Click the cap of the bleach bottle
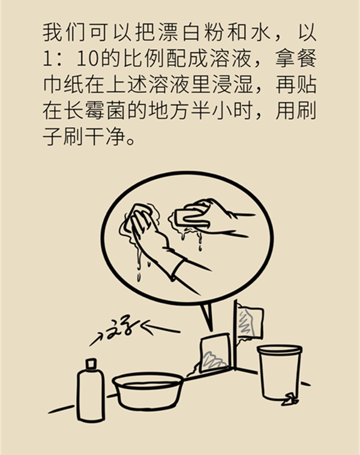click(91, 363)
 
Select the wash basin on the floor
click(148, 391)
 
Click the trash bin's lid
click(280, 349)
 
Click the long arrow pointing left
click(161, 328)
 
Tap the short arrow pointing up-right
click(96, 339)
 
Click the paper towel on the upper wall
click(250, 323)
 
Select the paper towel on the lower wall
click(214, 354)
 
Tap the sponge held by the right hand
click(191, 218)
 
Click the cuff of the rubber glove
click(176, 269)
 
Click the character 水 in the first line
click(259, 32)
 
